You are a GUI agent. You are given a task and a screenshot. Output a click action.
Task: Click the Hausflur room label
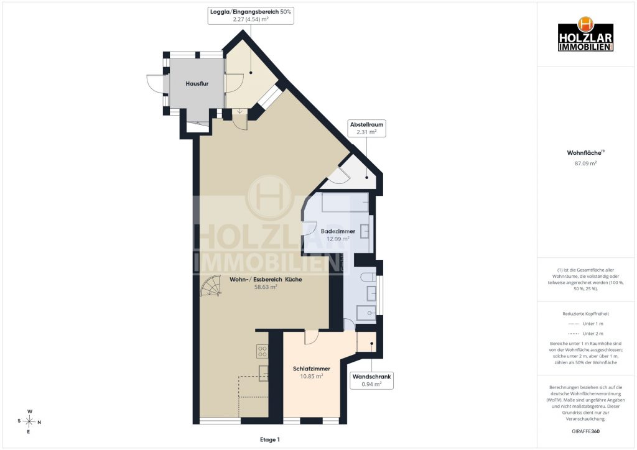pos(197,83)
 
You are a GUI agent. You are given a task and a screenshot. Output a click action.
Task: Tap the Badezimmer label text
pos(338,231)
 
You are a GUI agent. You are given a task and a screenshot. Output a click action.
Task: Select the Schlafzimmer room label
pos(312,369)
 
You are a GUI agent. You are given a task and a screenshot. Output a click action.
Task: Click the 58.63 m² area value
pos(266,287)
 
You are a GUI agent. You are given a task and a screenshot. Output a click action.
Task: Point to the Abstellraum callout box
pos(367,128)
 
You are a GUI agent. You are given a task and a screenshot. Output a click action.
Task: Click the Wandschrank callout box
pos(372,380)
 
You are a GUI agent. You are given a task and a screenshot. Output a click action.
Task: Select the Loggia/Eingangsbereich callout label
pos(251,16)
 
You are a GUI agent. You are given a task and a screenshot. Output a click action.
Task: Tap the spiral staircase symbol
pos(210,286)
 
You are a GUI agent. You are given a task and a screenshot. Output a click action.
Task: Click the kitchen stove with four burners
pos(263,351)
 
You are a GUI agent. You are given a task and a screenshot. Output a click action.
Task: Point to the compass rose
pos(29,421)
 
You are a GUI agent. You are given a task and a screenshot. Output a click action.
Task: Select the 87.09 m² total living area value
pos(585,163)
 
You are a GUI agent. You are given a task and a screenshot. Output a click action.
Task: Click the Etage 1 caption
pos(270,439)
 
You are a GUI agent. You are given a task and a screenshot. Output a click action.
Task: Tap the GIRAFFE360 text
pos(585,431)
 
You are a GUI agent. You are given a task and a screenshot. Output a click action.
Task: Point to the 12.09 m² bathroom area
pos(338,239)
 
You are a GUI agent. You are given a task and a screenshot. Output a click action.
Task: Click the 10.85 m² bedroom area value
pos(312,377)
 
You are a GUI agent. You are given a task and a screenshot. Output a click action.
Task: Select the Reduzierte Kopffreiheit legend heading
pos(585,314)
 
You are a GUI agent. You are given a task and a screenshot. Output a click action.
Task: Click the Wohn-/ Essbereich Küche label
pos(266,280)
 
